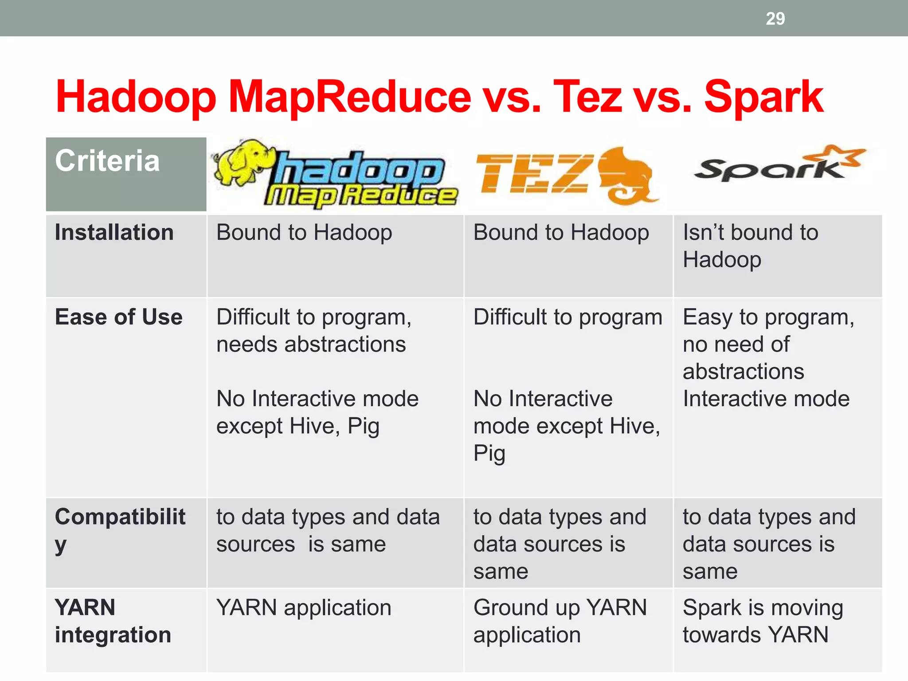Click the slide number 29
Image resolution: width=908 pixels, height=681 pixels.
pos(775,19)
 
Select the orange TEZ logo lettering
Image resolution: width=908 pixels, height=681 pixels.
pos(534,174)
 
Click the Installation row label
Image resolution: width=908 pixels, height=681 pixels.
pos(114,233)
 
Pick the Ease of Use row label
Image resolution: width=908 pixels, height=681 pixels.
pos(118,317)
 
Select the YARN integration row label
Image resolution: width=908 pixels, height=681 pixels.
pos(113,621)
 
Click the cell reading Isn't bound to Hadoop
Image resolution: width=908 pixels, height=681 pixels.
pos(750,246)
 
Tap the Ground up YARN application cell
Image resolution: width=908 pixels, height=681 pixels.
pos(560,621)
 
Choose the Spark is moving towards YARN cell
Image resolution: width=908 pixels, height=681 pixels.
pos(763,621)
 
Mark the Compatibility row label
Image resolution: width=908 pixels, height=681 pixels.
pos(120,530)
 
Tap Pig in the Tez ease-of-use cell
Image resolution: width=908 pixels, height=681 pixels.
pos(489,454)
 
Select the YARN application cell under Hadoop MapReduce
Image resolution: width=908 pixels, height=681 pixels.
pos(304,608)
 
